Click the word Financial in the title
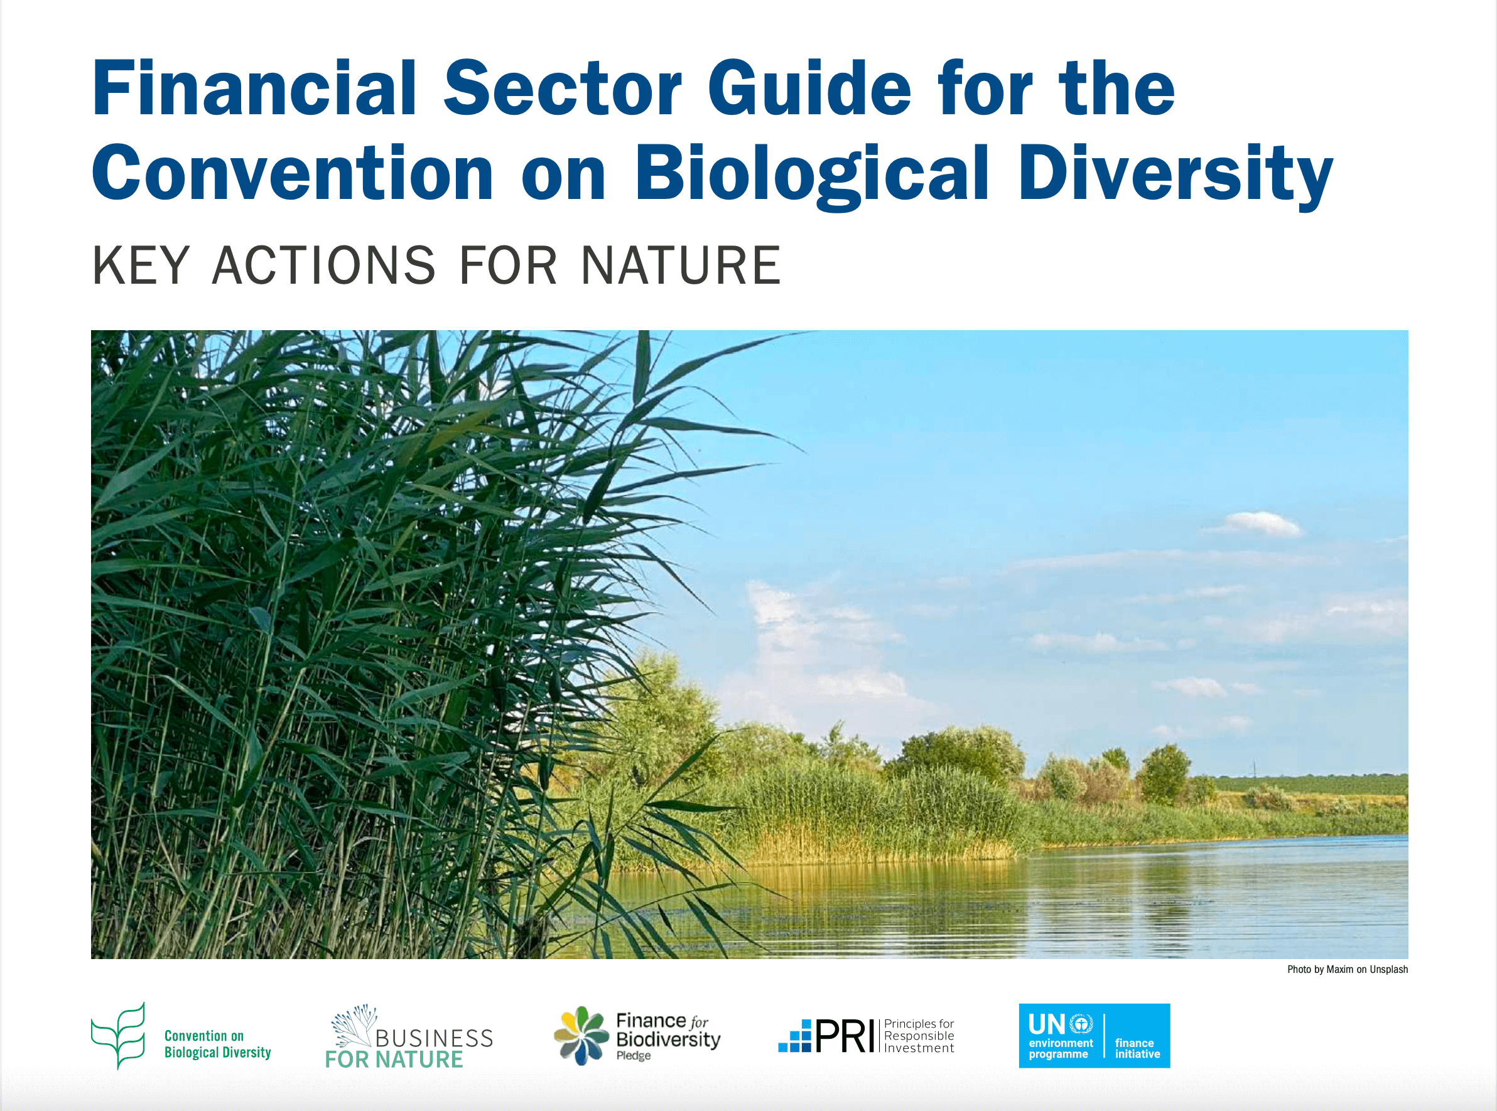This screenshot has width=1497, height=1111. [254, 89]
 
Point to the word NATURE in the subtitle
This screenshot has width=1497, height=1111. [680, 266]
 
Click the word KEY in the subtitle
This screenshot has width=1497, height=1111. [141, 266]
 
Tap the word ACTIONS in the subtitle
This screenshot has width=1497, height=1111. [324, 266]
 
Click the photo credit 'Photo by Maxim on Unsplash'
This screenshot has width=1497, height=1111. [1347, 969]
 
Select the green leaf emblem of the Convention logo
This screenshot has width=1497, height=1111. [119, 1036]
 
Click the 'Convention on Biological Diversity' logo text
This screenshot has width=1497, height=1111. [217, 1044]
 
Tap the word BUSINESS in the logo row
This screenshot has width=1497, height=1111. [434, 1038]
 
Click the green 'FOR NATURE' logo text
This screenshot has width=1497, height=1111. [394, 1060]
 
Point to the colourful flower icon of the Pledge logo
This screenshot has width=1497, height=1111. [581, 1036]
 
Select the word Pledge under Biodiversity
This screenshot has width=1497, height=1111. [633, 1056]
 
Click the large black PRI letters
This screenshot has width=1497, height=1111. [845, 1036]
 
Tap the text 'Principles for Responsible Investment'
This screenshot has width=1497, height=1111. [919, 1036]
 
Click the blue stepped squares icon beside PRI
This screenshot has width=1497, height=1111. [795, 1038]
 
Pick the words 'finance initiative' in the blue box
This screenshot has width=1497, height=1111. [1137, 1048]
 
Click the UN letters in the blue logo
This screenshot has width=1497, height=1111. [1046, 1024]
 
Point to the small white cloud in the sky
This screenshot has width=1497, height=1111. [1257, 524]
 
